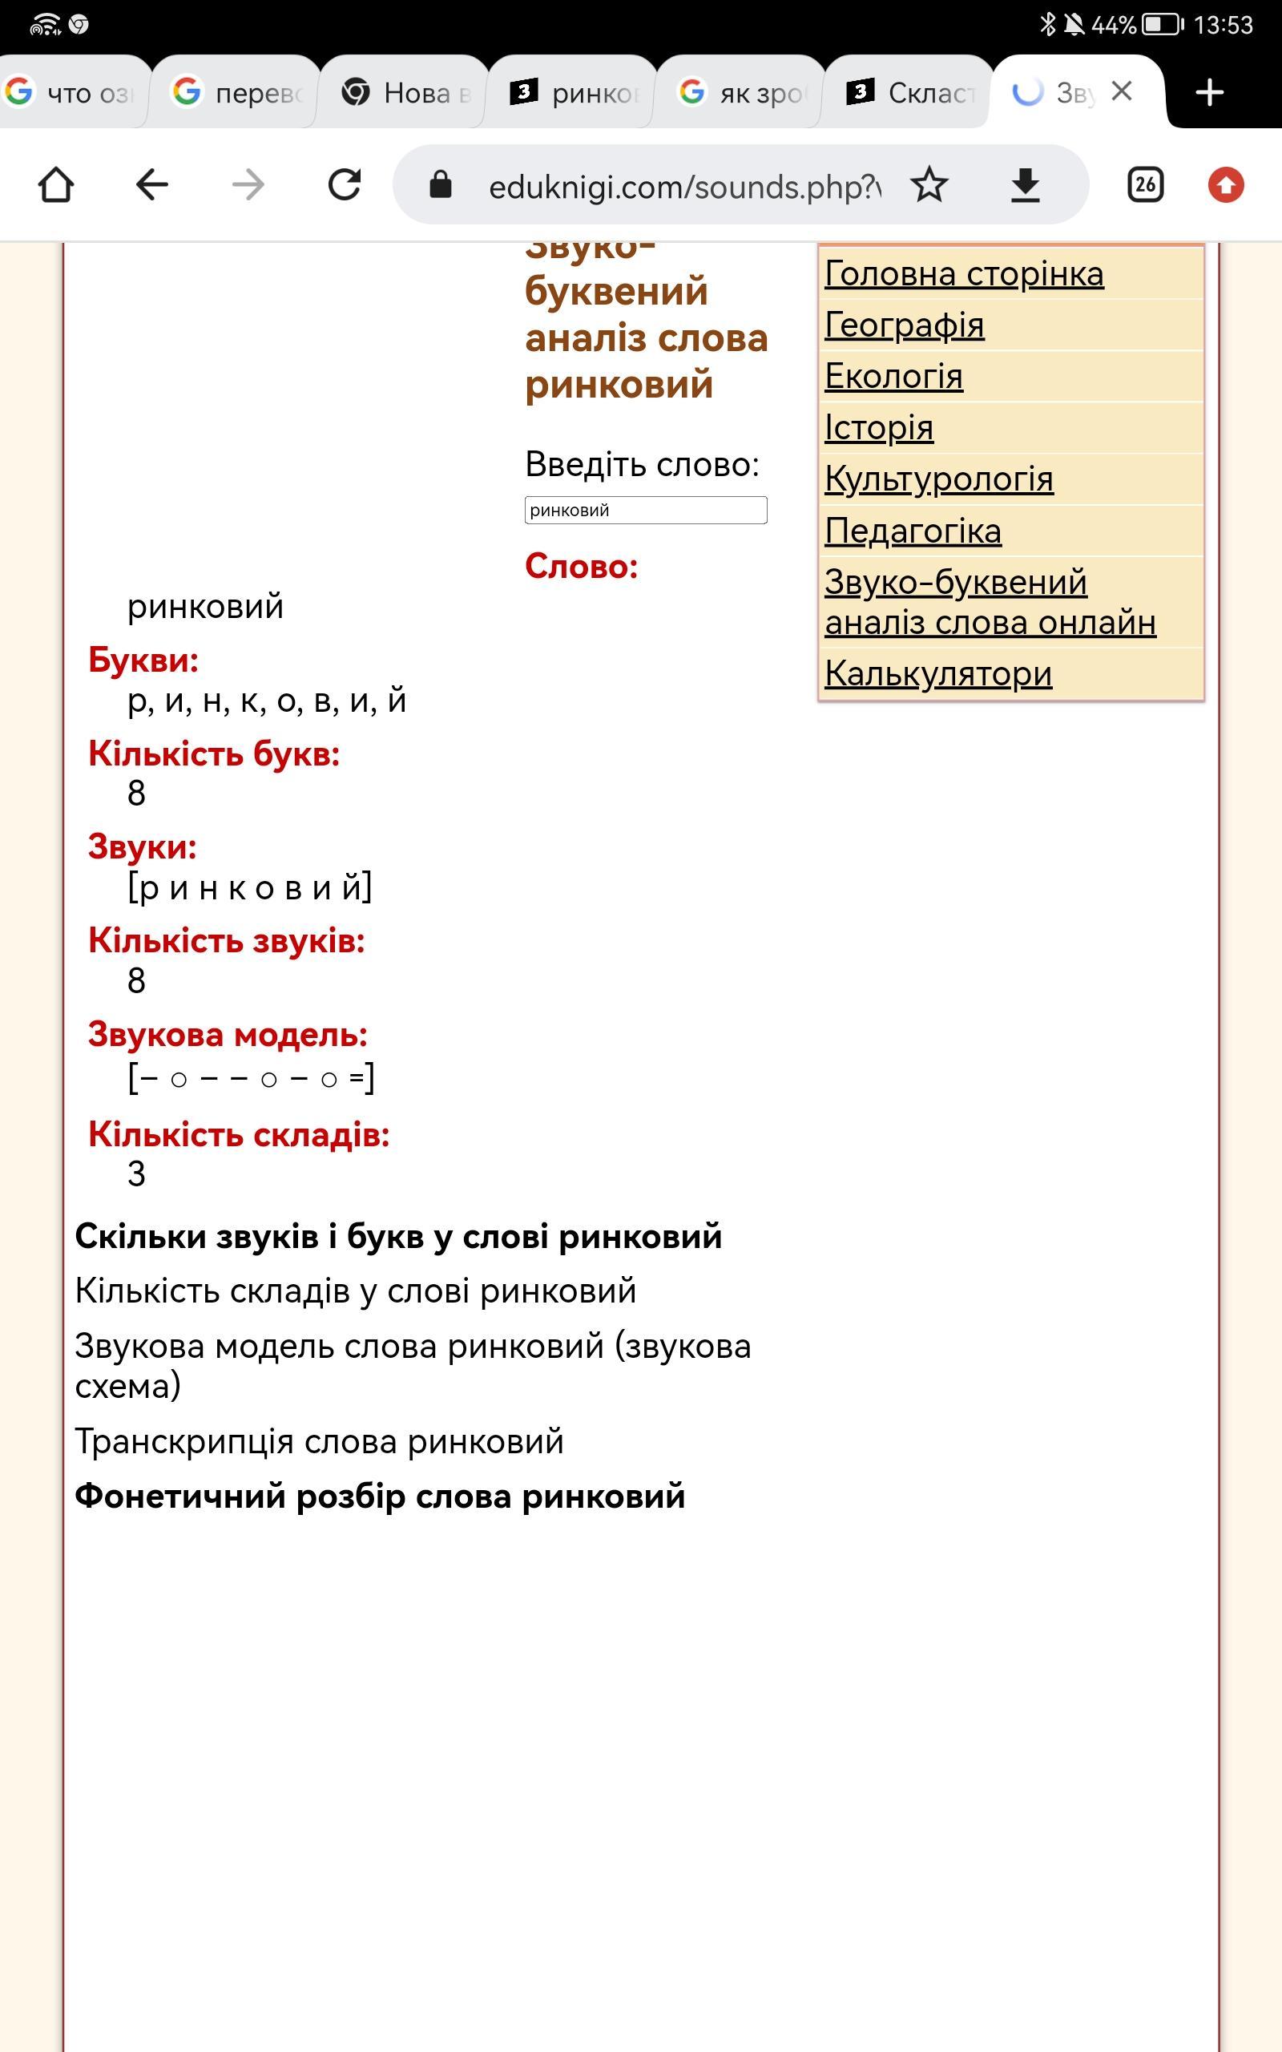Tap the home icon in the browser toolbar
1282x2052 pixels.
pos(56,185)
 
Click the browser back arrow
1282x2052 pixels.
pos(152,185)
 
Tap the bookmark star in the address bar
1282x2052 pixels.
pos(929,185)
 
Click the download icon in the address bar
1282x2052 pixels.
pos(1025,185)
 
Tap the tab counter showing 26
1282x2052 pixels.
pos(1145,185)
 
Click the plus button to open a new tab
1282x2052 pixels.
pos(1209,91)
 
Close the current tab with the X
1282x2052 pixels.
pos(1122,91)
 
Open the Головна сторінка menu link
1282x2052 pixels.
pos(964,274)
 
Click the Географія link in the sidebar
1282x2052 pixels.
pos(904,325)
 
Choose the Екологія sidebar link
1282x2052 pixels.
pos(893,377)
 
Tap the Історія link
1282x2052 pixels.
pos(878,428)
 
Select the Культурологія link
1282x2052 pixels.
pos(938,480)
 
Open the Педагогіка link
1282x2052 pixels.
pos(913,531)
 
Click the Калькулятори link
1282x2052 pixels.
pos(937,674)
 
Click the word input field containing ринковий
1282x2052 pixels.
pos(645,511)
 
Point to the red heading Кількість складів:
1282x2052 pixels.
pos(239,1134)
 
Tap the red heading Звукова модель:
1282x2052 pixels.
pos(228,1035)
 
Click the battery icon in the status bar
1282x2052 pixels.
pos(1162,25)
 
